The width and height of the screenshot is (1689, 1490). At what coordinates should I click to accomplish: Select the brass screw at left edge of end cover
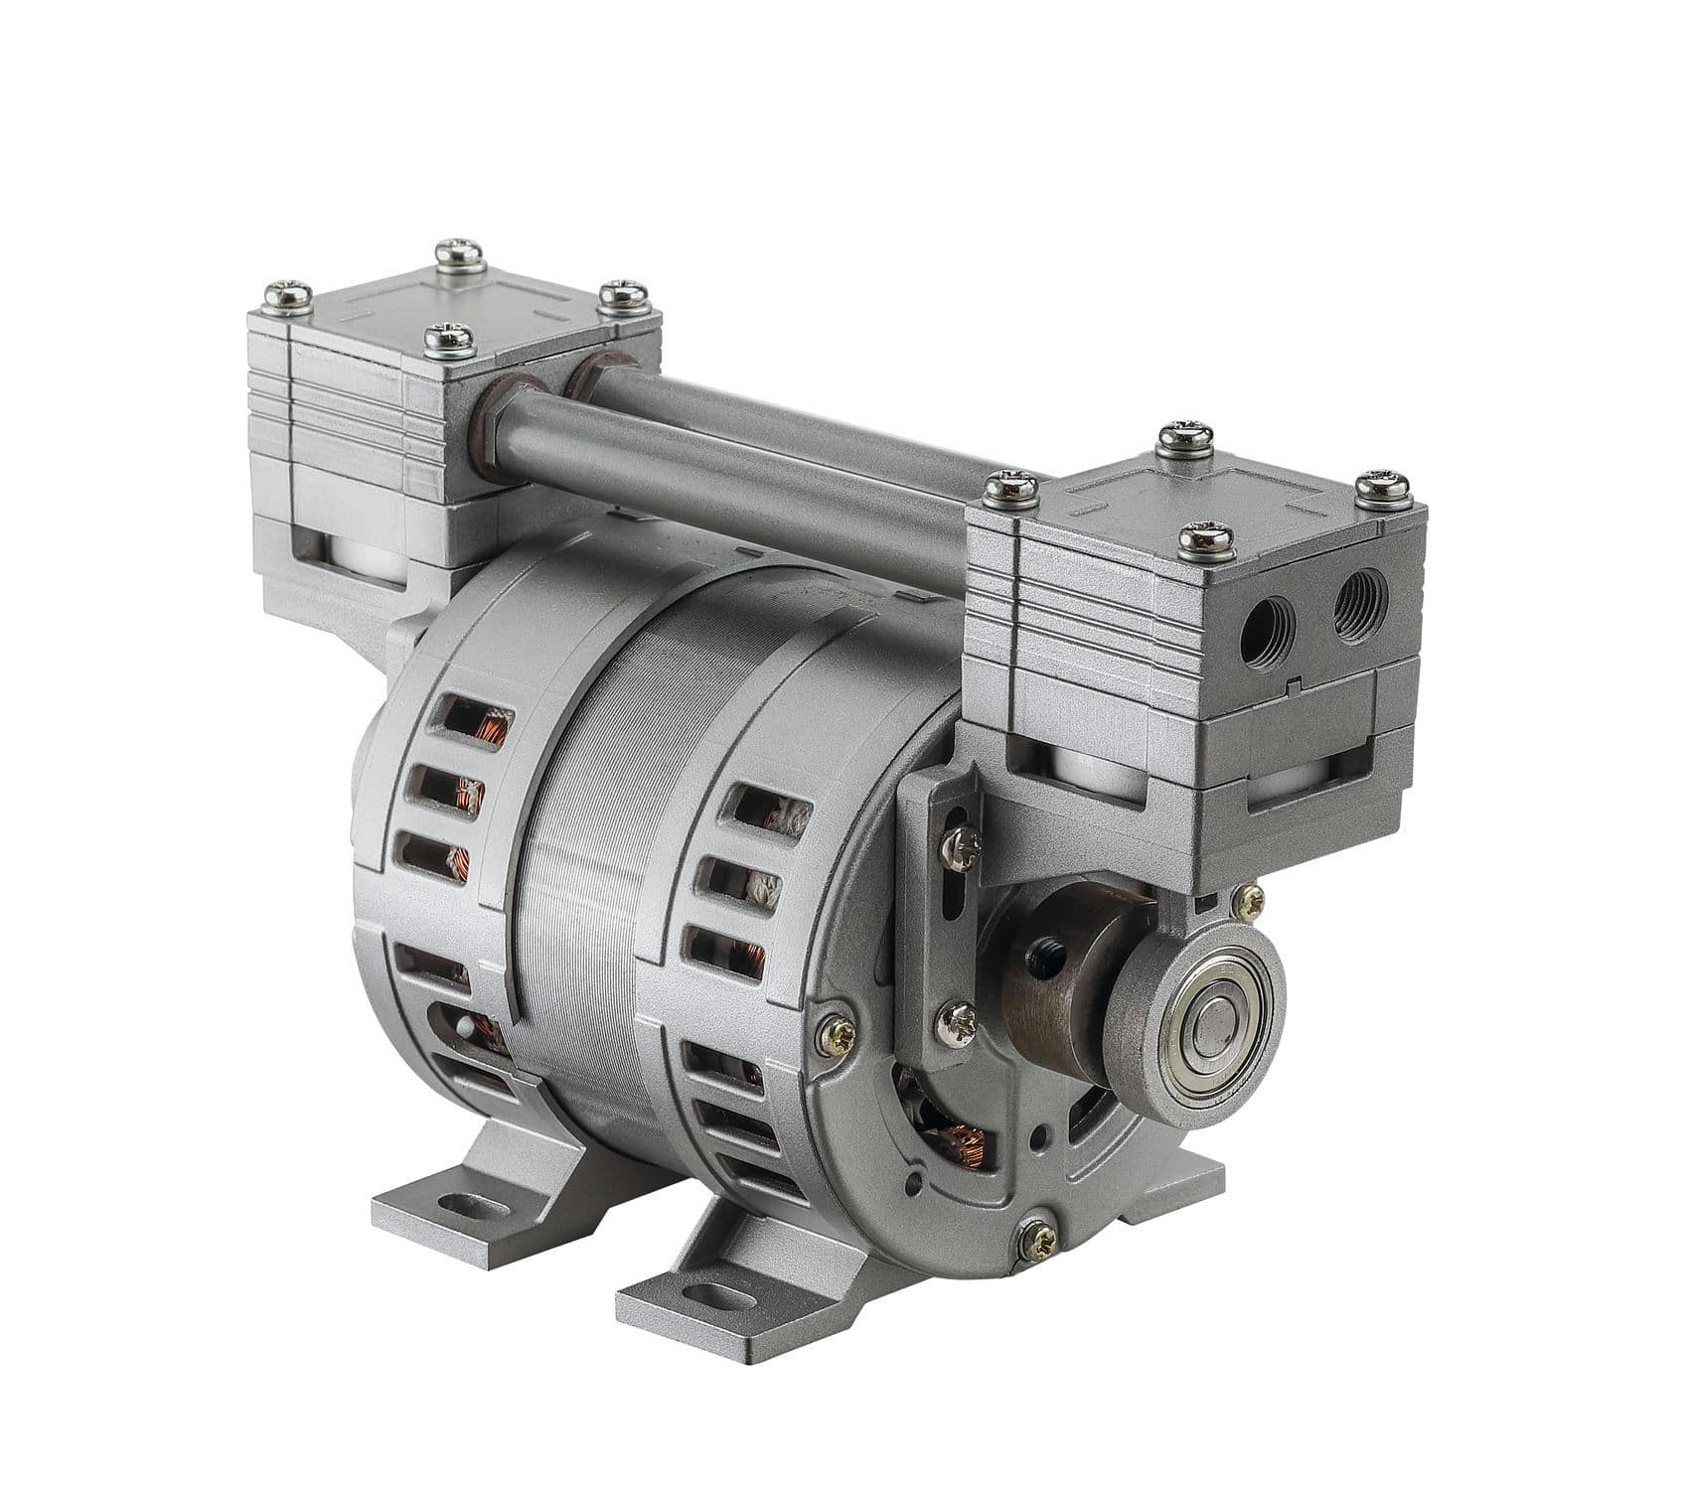(x=836, y=1035)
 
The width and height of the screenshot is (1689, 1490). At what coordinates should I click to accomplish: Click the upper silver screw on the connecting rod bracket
(x=962, y=847)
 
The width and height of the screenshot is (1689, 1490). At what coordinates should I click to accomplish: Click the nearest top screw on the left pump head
(x=448, y=339)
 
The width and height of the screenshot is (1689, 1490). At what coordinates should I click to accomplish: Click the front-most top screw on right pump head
(x=1206, y=538)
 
